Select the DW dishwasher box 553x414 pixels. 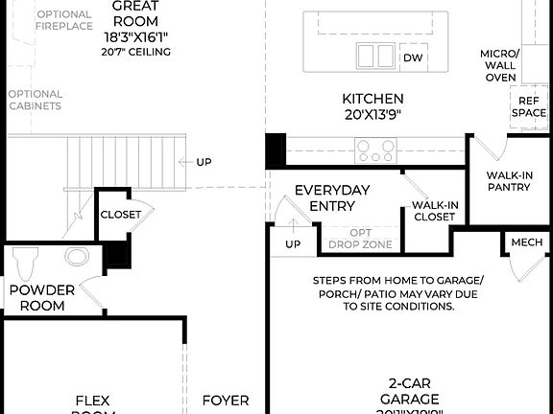(x=413, y=58)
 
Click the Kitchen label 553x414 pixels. (x=373, y=99)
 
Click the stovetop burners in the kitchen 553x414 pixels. (x=375, y=149)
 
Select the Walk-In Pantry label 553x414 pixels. (x=508, y=181)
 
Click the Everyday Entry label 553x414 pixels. (x=332, y=198)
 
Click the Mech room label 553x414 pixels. (x=526, y=242)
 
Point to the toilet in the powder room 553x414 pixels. (x=25, y=259)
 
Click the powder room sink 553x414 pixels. (x=77, y=257)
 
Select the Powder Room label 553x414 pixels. (x=37, y=298)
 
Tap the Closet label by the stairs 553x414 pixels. (x=120, y=215)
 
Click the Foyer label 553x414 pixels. (x=225, y=401)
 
